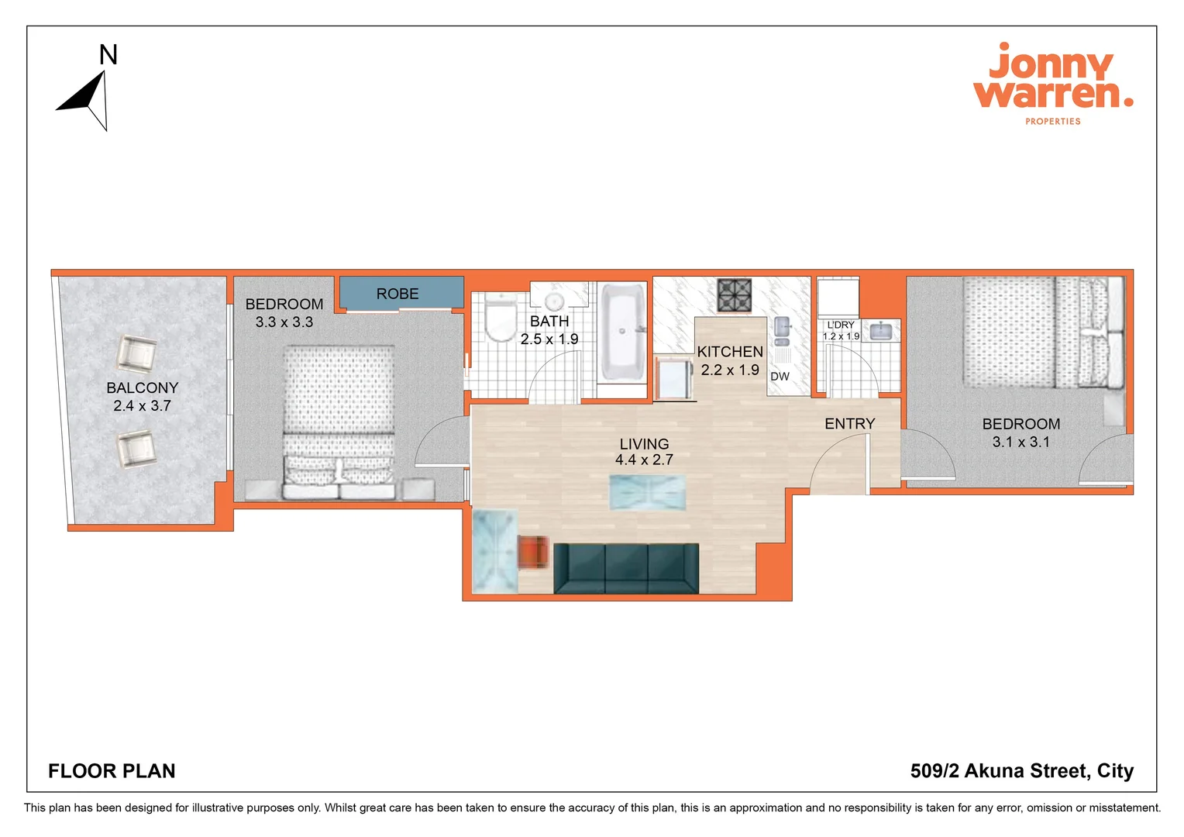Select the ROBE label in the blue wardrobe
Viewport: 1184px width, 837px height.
[398, 294]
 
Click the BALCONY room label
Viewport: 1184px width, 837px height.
[143, 387]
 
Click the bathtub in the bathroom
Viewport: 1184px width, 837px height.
[622, 332]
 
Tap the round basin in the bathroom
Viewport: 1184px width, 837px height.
[555, 301]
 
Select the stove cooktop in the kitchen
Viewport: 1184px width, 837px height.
[735, 295]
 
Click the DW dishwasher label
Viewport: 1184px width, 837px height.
[780, 377]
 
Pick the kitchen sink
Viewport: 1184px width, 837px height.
[782, 330]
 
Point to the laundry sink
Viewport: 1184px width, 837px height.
[881, 332]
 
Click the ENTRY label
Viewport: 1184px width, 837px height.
[849, 424]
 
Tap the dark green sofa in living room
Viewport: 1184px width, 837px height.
[626, 568]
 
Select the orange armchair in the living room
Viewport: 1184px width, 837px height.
[534, 553]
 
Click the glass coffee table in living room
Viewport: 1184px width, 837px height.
[648, 492]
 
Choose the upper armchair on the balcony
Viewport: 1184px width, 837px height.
[137, 354]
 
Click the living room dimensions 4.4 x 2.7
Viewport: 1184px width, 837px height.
[644, 460]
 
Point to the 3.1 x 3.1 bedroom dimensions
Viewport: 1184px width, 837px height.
[1021, 442]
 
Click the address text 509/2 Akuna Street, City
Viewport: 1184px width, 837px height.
[1021, 771]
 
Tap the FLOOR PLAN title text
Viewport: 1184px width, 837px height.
[112, 771]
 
